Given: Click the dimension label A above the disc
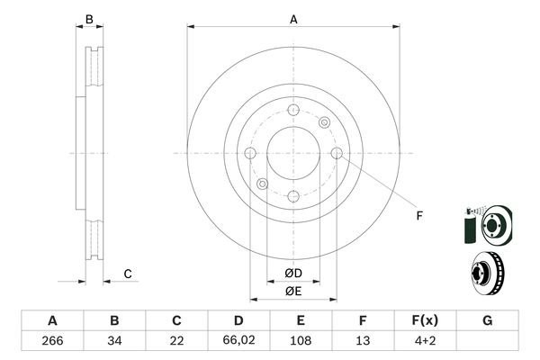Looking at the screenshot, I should click(293, 18).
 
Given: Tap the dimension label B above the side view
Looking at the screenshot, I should click(89, 18).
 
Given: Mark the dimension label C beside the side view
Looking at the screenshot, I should click(129, 274).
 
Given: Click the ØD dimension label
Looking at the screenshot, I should click(293, 273).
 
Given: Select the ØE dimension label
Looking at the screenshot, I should click(293, 291).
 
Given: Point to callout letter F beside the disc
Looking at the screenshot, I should click(419, 215).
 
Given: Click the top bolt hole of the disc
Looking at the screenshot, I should click(293, 109).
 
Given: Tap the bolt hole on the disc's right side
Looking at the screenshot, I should click(337, 153).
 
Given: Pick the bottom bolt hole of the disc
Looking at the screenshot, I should click(293, 196).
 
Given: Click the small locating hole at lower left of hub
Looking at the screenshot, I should click(262, 184).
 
